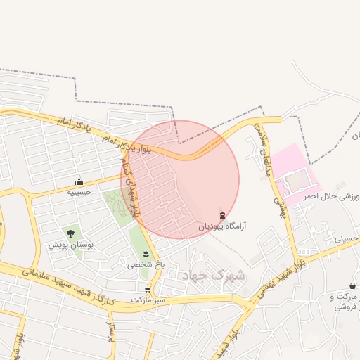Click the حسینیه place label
coord(79,191)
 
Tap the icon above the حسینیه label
coord(79,181)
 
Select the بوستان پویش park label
coord(71,245)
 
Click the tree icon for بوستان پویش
coord(70,233)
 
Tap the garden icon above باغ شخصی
coord(146,254)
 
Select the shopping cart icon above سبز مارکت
coord(147,289)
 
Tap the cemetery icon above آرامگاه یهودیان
coord(223,214)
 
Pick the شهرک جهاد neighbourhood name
coord(213,275)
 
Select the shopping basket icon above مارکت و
coord(352,286)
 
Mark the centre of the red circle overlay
coord(180,179)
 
